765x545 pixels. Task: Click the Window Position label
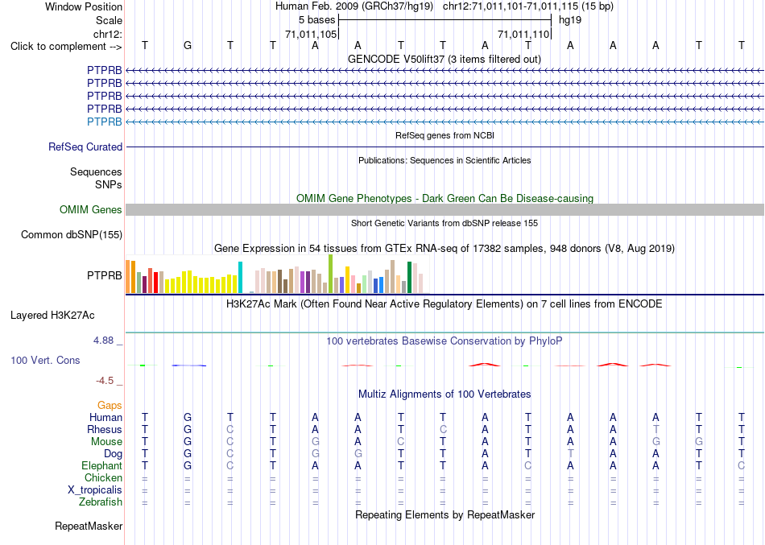coord(84,6)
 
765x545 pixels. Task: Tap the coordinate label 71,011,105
coord(311,34)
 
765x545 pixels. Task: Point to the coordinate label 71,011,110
coord(523,34)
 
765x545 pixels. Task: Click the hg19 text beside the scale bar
coord(570,20)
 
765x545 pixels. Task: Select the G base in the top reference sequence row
coord(188,46)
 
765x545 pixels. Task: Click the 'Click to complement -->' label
coord(66,47)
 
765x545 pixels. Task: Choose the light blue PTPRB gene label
coord(105,122)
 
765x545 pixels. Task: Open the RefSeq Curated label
coord(85,147)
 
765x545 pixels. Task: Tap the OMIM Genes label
coord(91,210)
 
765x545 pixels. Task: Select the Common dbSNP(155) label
coord(72,235)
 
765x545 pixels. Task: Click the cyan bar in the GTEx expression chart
coord(240,277)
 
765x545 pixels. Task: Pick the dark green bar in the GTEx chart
coord(409,277)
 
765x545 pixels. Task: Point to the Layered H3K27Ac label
coord(52,316)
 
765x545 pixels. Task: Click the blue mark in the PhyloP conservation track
coord(188,365)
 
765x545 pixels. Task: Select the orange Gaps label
coord(110,406)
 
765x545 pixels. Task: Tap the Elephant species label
coord(102,465)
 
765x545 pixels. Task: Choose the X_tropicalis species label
coord(95,490)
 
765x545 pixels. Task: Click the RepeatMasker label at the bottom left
coord(89,526)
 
